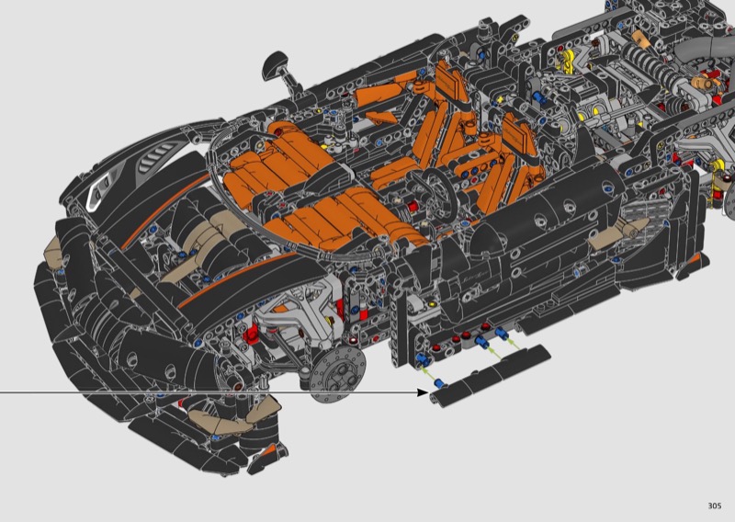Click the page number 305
point(715,505)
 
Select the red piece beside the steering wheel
point(413,207)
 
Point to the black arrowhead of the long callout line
point(423,392)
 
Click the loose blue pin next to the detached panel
point(441,382)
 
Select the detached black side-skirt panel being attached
point(490,375)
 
